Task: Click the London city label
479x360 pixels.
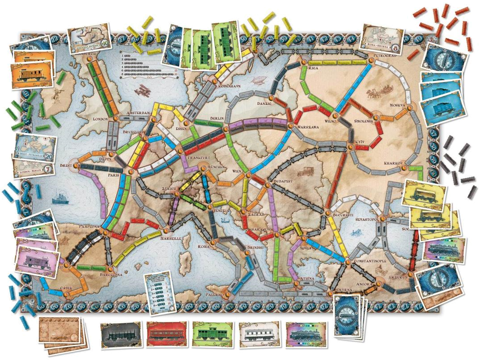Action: pos(101,120)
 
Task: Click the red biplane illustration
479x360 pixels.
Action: pos(145,89)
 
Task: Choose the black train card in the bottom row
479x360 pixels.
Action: pos(121,334)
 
